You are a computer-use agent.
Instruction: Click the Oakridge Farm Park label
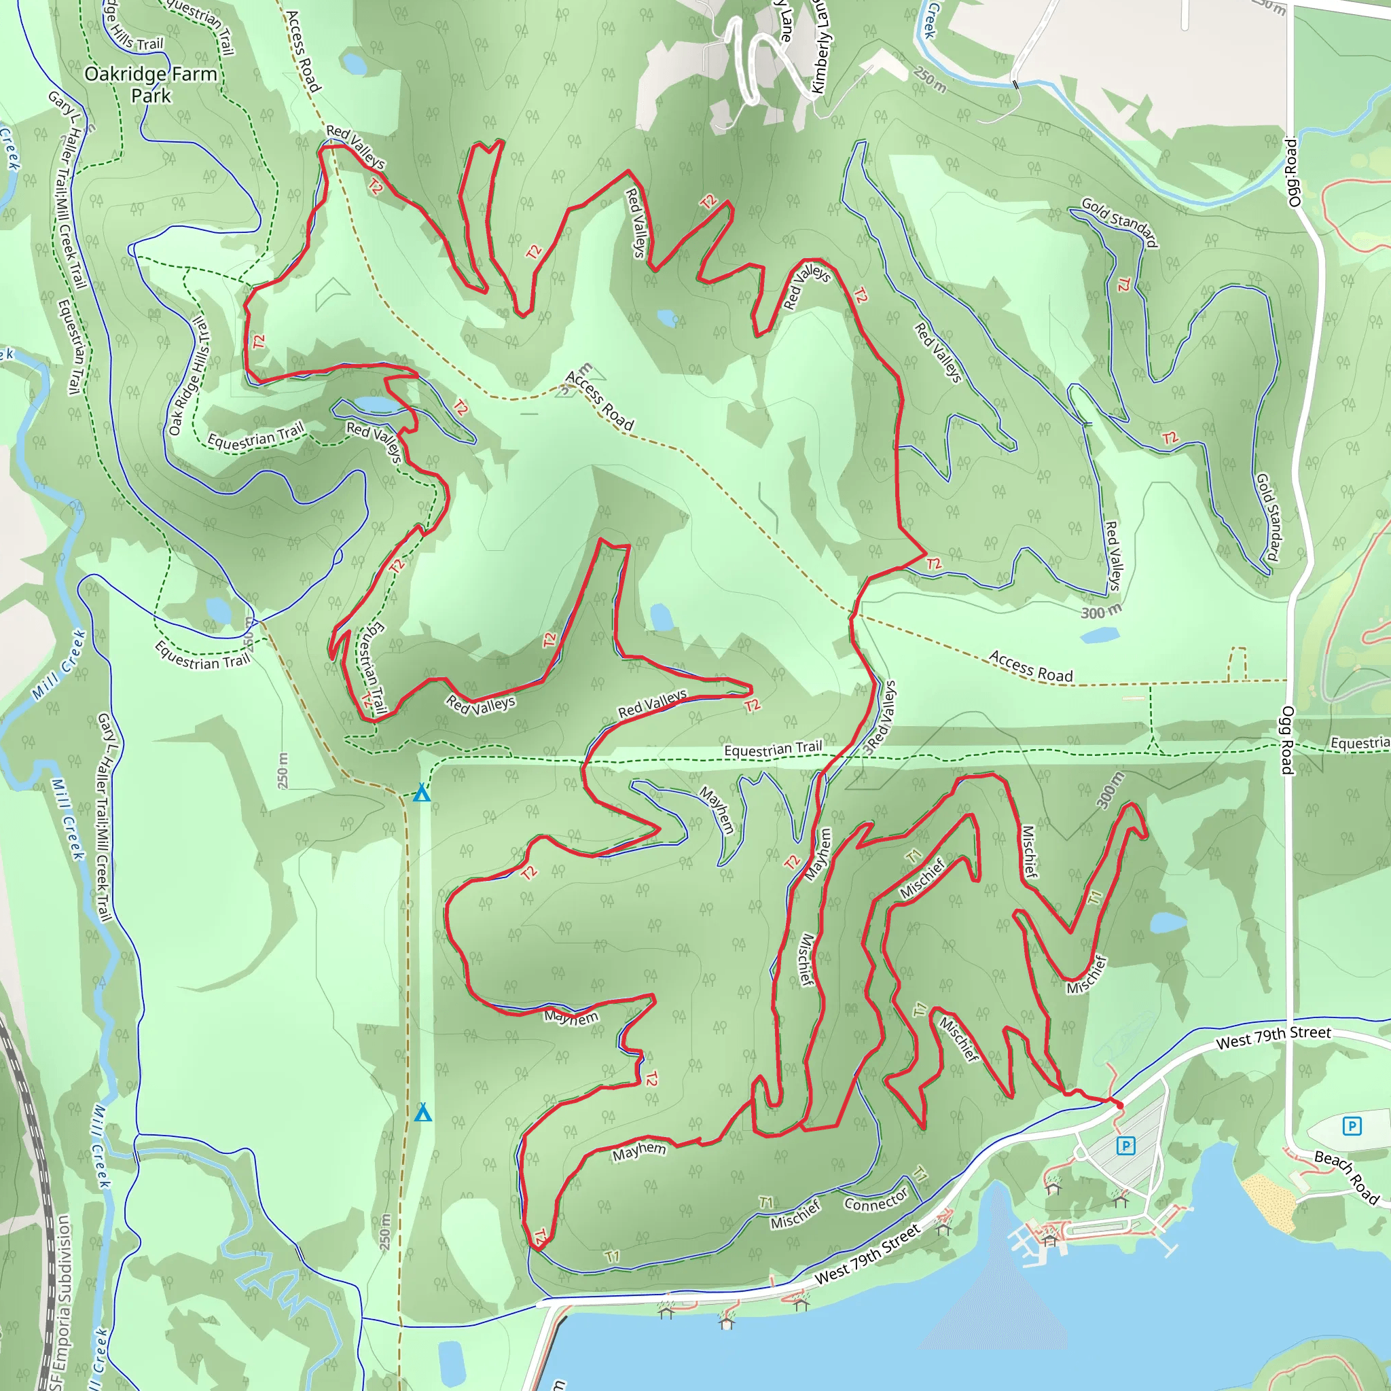point(151,84)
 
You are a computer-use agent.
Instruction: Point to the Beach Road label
point(1346,1176)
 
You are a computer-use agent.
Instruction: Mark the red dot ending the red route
point(1119,1104)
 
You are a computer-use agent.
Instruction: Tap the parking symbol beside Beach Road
point(1352,1126)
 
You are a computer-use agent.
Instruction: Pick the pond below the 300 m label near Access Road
point(1100,635)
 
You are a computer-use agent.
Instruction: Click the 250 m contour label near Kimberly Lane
point(930,80)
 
